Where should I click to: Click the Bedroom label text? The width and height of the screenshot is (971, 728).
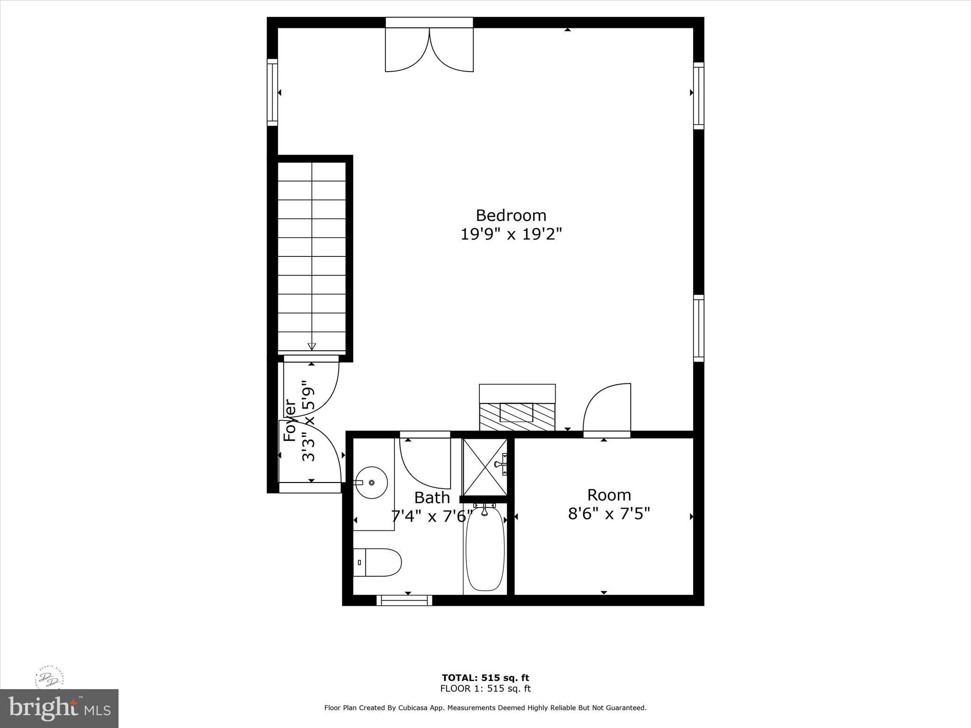[x=511, y=216]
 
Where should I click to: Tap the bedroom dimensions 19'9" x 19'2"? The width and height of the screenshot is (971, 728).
[x=511, y=234]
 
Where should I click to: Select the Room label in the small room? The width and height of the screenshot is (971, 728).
[x=609, y=495]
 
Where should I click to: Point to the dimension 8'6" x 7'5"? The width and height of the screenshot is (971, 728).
[x=609, y=513]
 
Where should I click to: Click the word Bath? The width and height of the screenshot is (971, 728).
[x=432, y=498]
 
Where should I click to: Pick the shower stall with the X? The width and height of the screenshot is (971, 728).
[x=485, y=467]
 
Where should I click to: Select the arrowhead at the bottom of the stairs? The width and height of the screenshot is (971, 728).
[x=311, y=346]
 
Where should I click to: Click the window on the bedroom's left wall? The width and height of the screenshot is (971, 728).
[x=272, y=92]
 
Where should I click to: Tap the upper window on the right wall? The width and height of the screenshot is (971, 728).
[x=698, y=96]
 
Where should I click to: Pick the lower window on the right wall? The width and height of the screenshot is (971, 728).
[x=698, y=328]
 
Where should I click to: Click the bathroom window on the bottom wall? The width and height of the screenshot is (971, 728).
[x=404, y=601]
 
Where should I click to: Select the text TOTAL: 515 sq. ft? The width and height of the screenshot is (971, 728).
[x=485, y=678]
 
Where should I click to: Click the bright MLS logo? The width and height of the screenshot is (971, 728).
[x=59, y=708]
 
